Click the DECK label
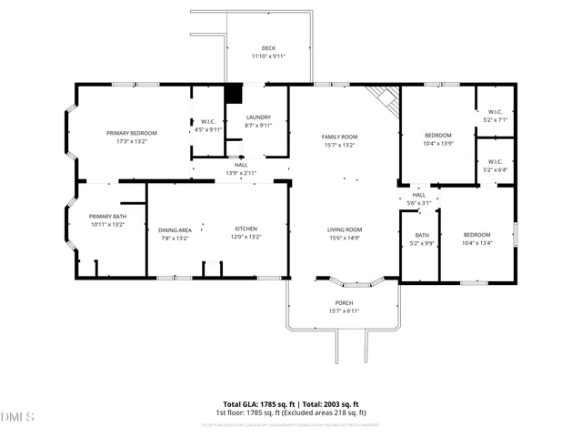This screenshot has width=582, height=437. tap(268, 48)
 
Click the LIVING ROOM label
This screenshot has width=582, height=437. tap(345, 229)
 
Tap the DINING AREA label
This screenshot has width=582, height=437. tap(175, 230)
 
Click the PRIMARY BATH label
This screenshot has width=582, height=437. tap(106, 216)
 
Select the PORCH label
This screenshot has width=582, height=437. tap(344, 303)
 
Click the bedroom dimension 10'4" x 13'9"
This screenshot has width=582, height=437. tap(438, 143)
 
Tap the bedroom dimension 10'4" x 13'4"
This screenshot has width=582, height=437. tap(477, 243)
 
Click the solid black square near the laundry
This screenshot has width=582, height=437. tap(234, 93)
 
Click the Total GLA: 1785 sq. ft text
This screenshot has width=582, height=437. tap(259, 404)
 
